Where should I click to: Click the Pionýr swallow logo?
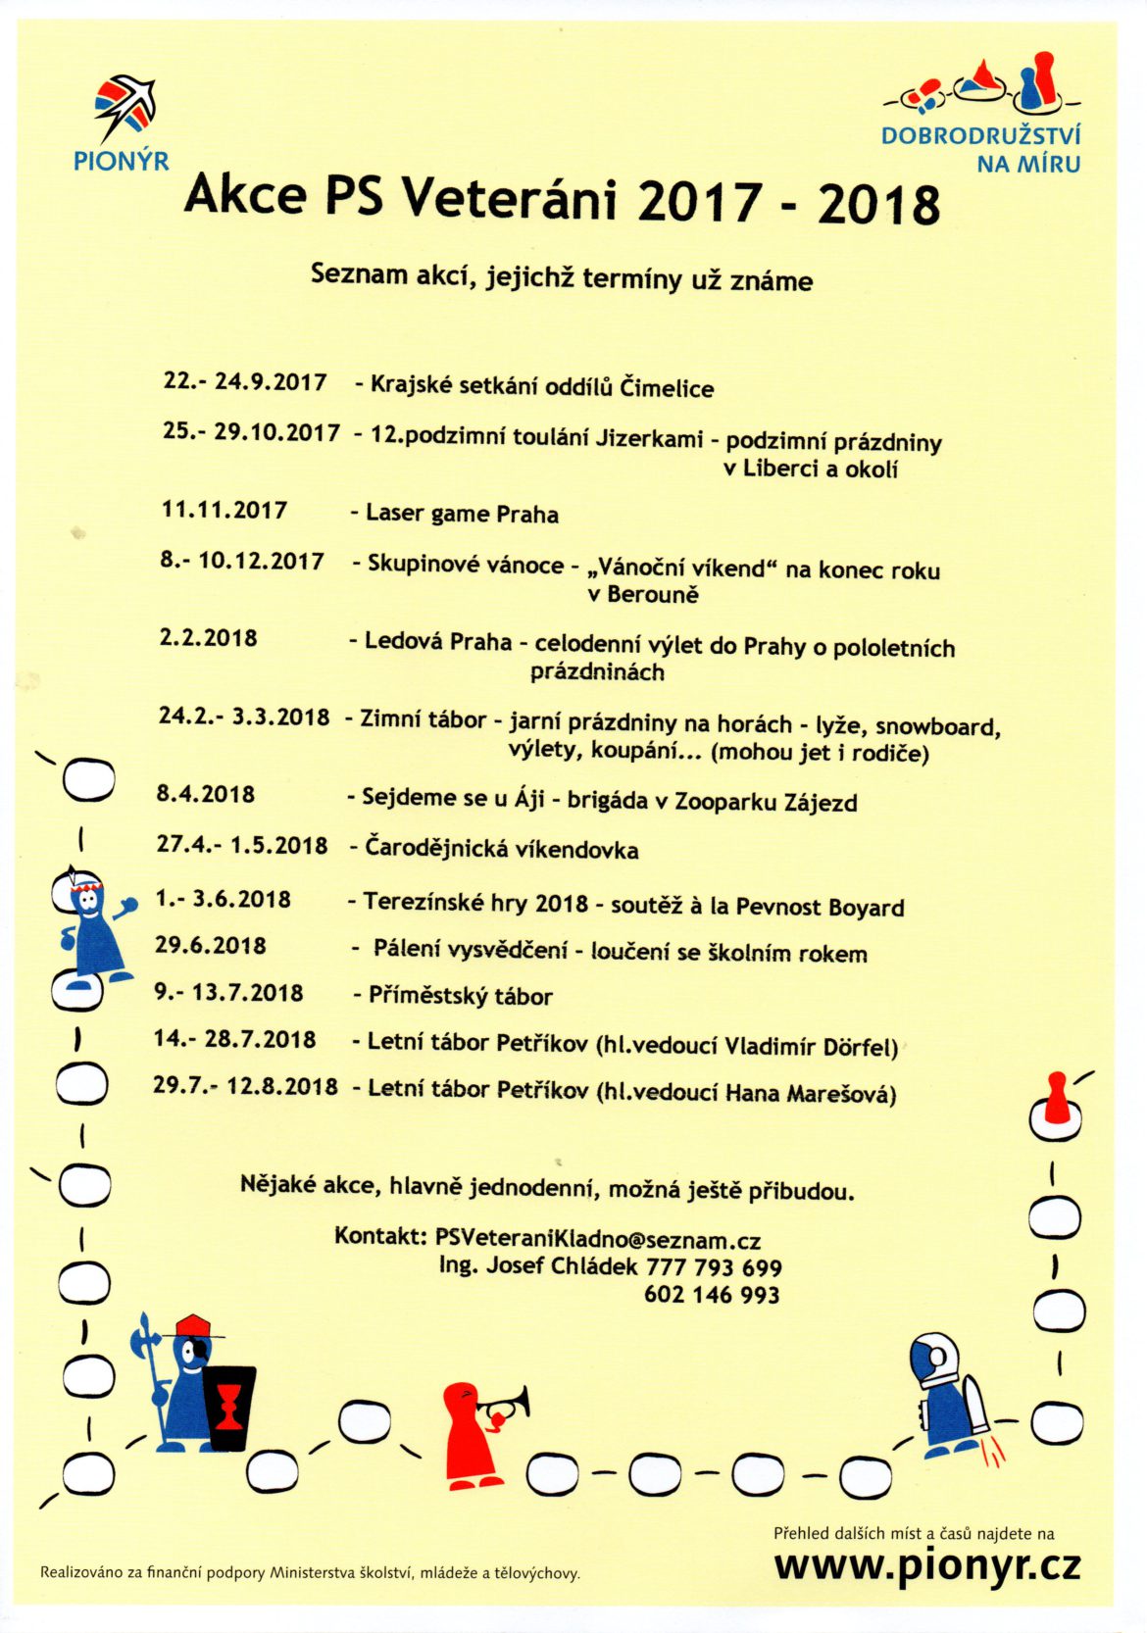point(125,107)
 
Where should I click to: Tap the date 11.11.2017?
point(224,510)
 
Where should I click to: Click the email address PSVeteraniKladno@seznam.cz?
point(598,1239)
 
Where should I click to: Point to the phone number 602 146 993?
point(712,1294)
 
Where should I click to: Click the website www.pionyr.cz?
point(926,1565)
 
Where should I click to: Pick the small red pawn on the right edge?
point(1055,1099)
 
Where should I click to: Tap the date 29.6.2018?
point(211,946)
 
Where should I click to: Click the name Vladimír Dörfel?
point(810,1046)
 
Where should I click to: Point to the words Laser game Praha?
point(462,514)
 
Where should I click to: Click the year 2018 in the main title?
point(878,204)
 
